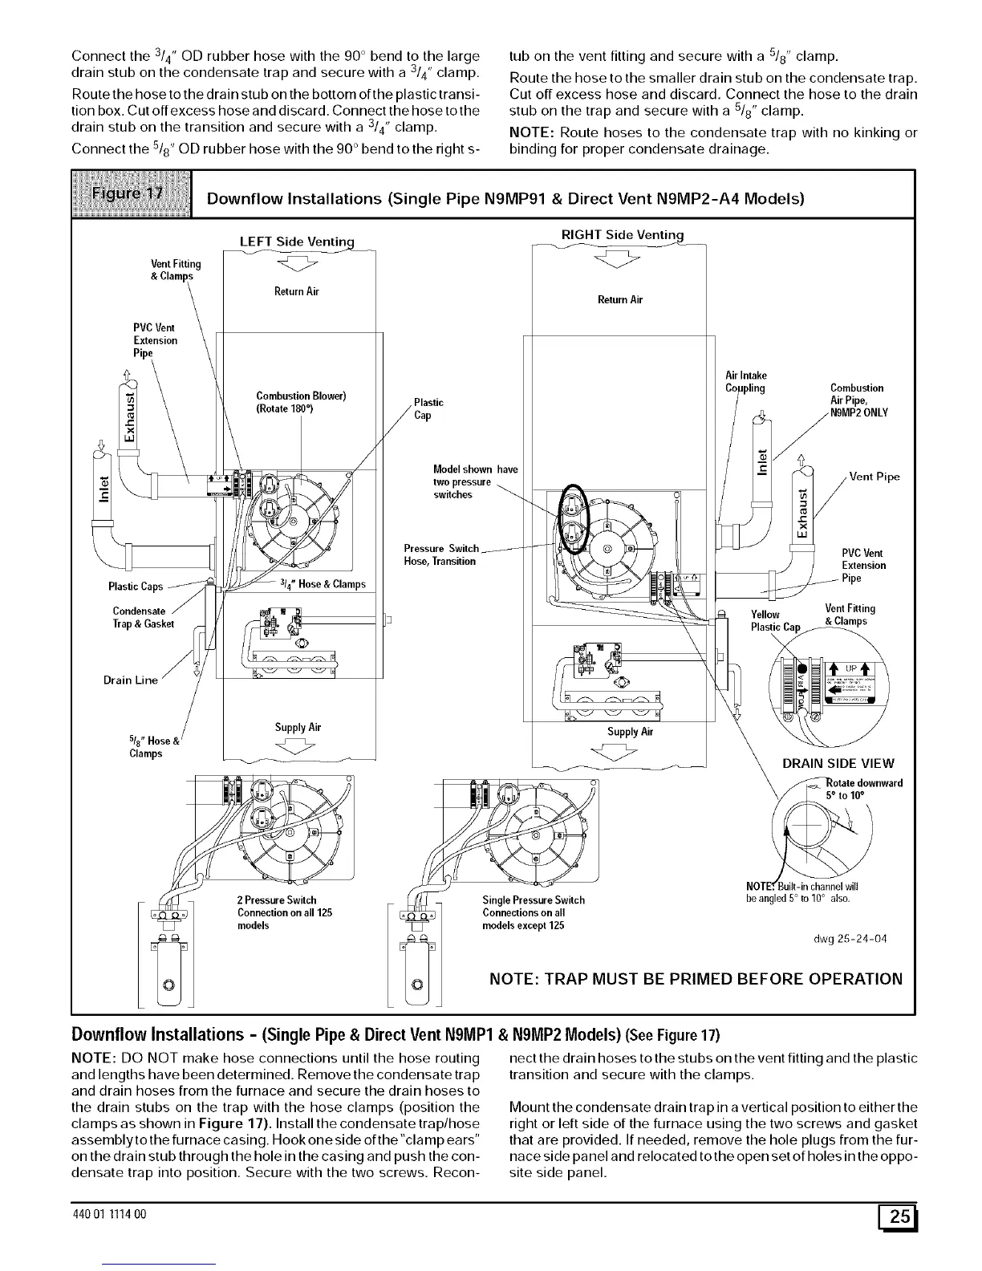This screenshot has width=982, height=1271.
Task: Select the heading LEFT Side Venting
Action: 296,242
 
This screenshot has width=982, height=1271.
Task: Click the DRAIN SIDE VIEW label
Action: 838,763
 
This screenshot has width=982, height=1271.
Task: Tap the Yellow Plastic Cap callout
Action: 774,620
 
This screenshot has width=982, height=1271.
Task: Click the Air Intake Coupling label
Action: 745,382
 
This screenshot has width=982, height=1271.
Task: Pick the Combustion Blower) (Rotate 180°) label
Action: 300,402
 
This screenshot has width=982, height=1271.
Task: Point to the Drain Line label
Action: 131,680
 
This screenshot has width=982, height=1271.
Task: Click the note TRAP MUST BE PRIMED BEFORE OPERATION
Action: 696,978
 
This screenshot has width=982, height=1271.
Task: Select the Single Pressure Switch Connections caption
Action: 533,912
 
